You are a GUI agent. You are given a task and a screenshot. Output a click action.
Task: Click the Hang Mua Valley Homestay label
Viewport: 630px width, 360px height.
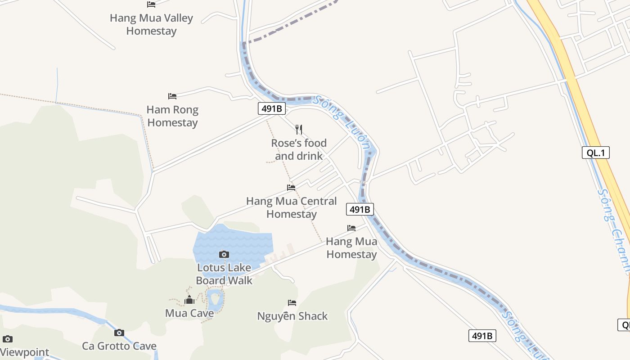[x=151, y=24]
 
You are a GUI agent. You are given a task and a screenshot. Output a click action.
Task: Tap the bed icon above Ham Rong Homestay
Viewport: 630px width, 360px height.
[x=172, y=96]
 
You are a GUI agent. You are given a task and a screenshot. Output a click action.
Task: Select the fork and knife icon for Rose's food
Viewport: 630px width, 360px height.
[x=299, y=130]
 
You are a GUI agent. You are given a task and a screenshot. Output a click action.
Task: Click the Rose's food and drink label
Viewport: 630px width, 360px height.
[x=299, y=149]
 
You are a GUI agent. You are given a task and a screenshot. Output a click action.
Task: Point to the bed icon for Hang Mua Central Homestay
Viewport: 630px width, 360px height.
[x=291, y=188]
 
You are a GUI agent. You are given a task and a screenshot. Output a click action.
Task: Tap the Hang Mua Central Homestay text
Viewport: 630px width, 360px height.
[x=291, y=207]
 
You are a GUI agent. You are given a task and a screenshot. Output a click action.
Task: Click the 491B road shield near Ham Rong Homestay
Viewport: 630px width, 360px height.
[x=272, y=108]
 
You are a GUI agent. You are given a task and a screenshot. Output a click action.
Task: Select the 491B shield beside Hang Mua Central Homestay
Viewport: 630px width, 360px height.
[x=360, y=209]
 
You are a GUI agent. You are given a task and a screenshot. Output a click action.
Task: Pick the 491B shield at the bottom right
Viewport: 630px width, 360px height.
[x=482, y=336]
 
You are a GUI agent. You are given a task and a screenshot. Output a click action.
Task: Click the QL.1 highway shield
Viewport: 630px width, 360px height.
[x=595, y=153]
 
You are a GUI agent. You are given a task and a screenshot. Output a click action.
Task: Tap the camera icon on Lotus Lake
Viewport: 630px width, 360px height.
[x=224, y=254]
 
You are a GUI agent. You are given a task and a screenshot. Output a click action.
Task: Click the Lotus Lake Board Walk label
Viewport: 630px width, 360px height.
[x=224, y=274]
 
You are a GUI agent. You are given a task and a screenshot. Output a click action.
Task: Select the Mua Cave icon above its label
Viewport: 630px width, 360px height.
[x=189, y=300]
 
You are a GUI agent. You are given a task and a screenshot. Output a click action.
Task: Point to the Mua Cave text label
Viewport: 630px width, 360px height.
[x=189, y=313]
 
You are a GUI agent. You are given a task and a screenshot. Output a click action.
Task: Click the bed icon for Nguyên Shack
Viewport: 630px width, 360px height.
[x=292, y=303]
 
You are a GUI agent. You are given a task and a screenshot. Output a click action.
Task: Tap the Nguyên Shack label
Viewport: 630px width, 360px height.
[x=292, y=316]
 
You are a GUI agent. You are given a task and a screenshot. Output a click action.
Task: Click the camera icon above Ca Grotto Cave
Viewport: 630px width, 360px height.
[x=119, y=333]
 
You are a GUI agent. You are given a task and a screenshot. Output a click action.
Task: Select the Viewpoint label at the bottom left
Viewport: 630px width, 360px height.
[x=25, y=352]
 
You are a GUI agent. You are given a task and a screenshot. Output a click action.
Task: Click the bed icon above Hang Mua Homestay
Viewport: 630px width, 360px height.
[x=351, y=228]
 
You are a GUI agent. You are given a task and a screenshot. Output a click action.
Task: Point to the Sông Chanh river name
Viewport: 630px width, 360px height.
[x=614, y=229]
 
